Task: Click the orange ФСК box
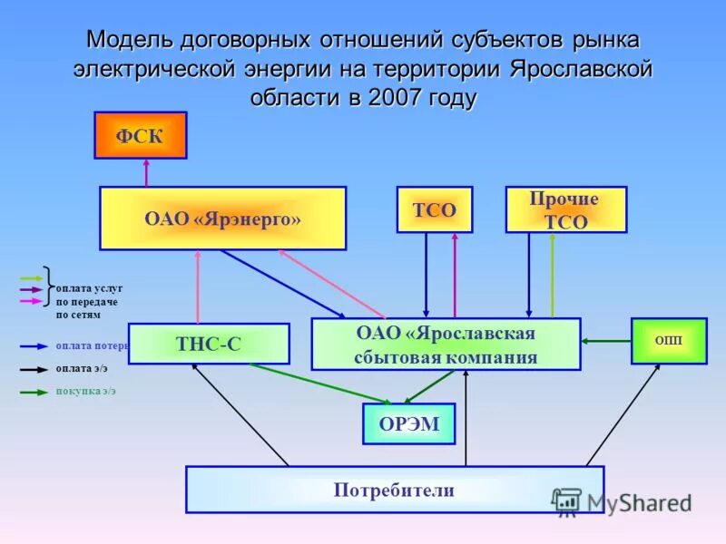coord(141,136)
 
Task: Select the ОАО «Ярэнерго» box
coord(222,218)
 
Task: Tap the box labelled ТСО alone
coord(435,210)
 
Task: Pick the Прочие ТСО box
coord(565,210)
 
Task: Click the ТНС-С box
coord(209,344)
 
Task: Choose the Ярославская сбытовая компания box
coord(446,345)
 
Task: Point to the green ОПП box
coord(669,341)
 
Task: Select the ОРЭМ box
coord(408,424)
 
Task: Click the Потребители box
coord(394,491)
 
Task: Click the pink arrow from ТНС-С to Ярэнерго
coord(197,287)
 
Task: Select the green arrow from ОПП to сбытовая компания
coord(606,341)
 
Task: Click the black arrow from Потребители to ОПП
coord(624,413)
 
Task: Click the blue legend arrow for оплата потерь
coord(34,345)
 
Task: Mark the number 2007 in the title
coord(394,97)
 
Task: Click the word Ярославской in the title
coord(581,69)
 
